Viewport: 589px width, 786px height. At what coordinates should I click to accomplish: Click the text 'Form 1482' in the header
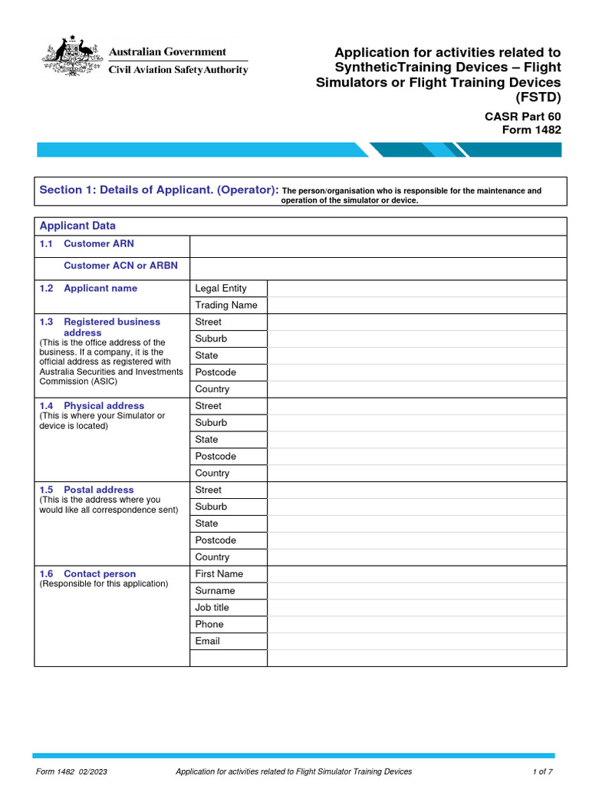(531, 130)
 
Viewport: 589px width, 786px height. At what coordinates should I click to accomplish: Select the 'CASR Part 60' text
(522, 116)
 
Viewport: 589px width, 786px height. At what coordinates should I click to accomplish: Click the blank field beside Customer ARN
(378, 246)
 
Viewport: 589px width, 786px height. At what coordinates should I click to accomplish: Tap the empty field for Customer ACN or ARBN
(378, 268)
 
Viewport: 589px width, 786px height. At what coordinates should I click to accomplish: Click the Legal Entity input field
(417, 288)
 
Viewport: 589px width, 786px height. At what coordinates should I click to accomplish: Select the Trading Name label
(226, 305)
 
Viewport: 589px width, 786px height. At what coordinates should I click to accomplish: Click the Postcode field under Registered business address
(417, 372)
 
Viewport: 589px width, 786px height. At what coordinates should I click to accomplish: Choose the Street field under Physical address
(417, 406)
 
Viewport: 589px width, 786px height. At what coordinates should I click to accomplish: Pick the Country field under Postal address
(417, 557)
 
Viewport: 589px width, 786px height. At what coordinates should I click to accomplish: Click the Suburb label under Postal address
(211, 507)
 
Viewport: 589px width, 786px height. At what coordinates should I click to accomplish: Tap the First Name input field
(417, 574)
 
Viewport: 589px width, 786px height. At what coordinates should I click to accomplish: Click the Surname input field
(417, 591)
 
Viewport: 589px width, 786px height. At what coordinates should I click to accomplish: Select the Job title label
(212, 607)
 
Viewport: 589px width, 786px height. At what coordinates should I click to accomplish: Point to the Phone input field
(417, 624)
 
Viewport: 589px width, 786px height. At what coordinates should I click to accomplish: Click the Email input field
(417, 641)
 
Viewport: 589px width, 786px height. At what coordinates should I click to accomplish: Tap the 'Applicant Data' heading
(77, 226)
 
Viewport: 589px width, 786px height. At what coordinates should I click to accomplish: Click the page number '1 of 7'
(542, 771)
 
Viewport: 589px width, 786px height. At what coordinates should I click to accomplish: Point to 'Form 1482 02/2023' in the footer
(71, 771)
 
